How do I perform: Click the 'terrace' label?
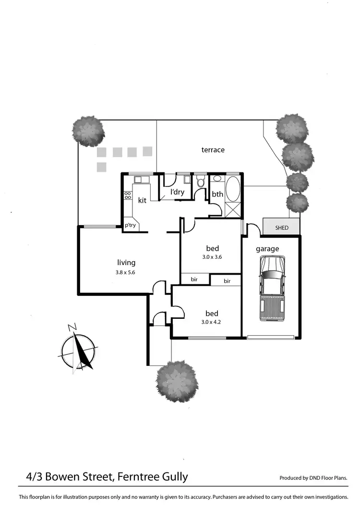pyautogui.click(x=213, y=150)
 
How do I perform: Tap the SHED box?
pyautogui.click(x=282, y=228)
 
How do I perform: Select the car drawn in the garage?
pyautogui.click(x=272, y=288)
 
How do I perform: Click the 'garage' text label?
pyautogui.click(x=267, y=249)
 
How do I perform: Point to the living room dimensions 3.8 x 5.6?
pyautogui.click(x=126, y=272)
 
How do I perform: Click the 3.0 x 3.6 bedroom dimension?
pyautogui.click(x=212, y=257)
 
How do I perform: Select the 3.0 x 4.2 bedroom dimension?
pyautogui.click(x=211, y=322)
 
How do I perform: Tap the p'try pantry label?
pyautogui.click(x=130, y=225)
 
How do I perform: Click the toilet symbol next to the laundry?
pyautogui.click(x=201, y=183)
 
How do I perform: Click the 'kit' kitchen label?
pyautogui.click(x=142, y=200)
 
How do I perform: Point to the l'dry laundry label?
pyautogui.click(x=178, y=192)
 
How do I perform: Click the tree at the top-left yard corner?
pyautogui.click(x=88, y=130)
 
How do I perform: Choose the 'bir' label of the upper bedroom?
pyautogui.click(x=194, y=279)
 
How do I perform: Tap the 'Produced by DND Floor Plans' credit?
pyautogui.click(x=313, y=478)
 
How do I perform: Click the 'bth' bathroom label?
pyautogui.click(x=217, y=194)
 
